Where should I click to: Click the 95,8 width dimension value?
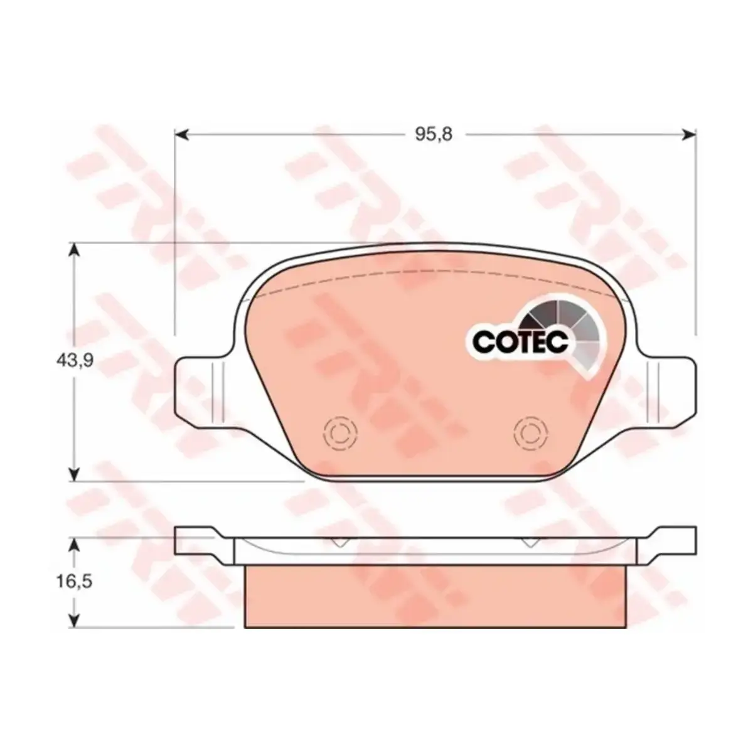point(434,134)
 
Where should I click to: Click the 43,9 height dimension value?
point(75,361)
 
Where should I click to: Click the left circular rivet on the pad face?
point(340,433)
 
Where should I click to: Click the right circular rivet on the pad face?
point(531,433)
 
